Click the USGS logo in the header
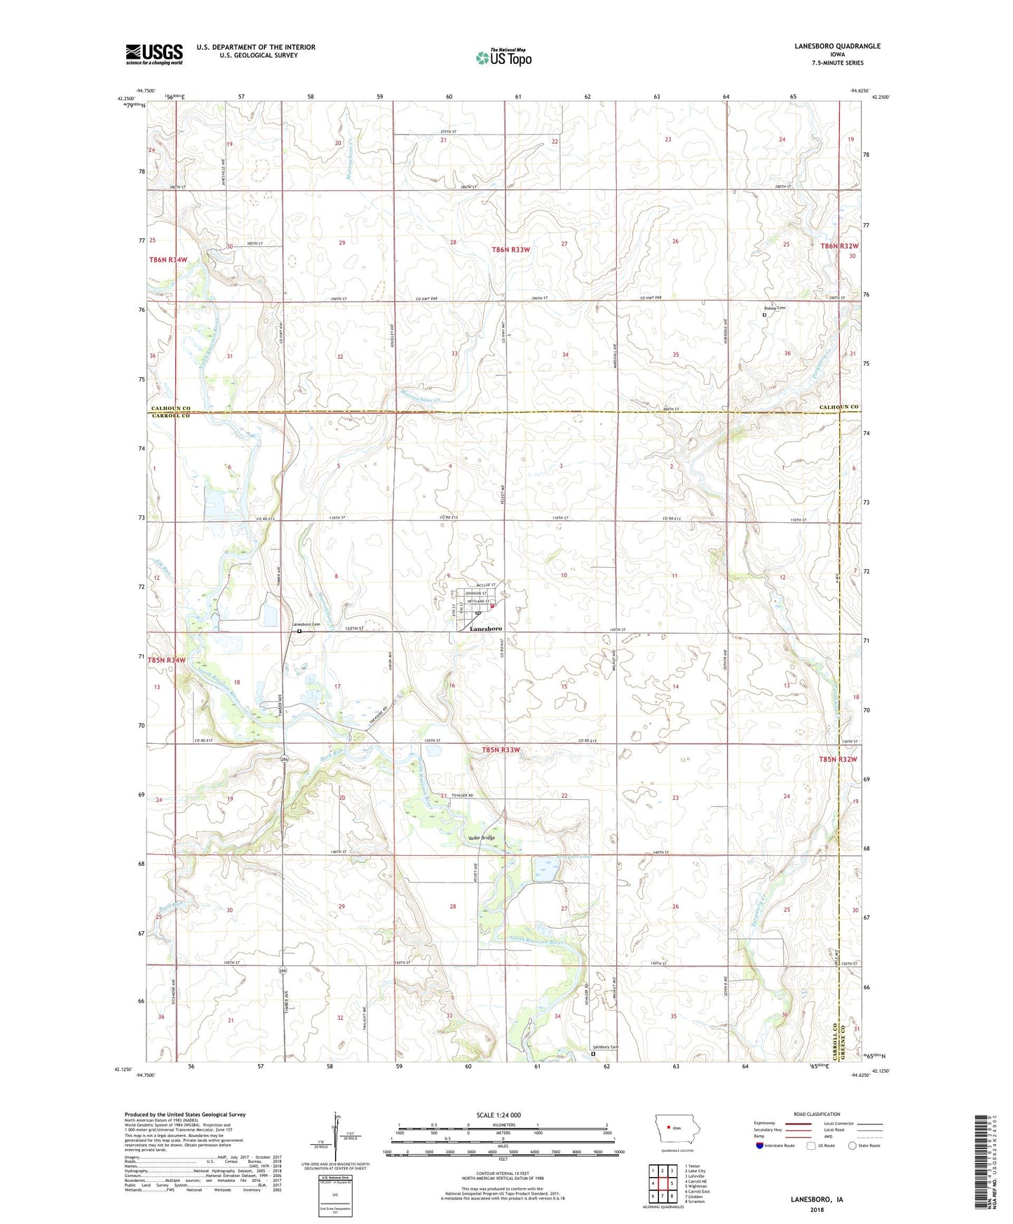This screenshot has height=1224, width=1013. click(x=154, y=53)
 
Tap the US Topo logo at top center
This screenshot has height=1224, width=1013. click(x=503, y=57)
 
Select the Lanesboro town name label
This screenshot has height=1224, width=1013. click(x=485, y=629)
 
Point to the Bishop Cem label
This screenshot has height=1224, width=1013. click(x=775, y=308)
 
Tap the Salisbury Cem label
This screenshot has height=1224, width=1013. click(x=604, y=1047)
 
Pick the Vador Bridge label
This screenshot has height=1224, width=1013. click(x=481, y=838)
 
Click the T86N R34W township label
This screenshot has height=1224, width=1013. click(x=168, y=259)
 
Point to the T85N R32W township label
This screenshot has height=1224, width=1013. click(x=838, y=759)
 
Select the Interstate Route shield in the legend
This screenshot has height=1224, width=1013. click(x=760, y=1145)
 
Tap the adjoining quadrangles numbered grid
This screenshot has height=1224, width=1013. click(x=662, y=1183)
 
